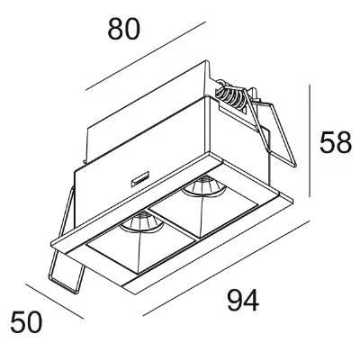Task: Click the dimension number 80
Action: click(123, 29)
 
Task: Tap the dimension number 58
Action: click(335, 142)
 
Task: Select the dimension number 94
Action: click(243, 300)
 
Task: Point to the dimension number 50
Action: click(26, 321)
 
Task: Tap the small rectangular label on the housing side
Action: click(140, 179)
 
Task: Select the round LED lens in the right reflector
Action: click(203, 186)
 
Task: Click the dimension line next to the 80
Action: click(146, 56)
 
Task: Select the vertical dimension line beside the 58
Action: click(310, 140)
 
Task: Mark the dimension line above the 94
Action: click(226, 266)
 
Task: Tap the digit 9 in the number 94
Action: click(235, 300)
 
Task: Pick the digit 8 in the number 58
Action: click(344, 142)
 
